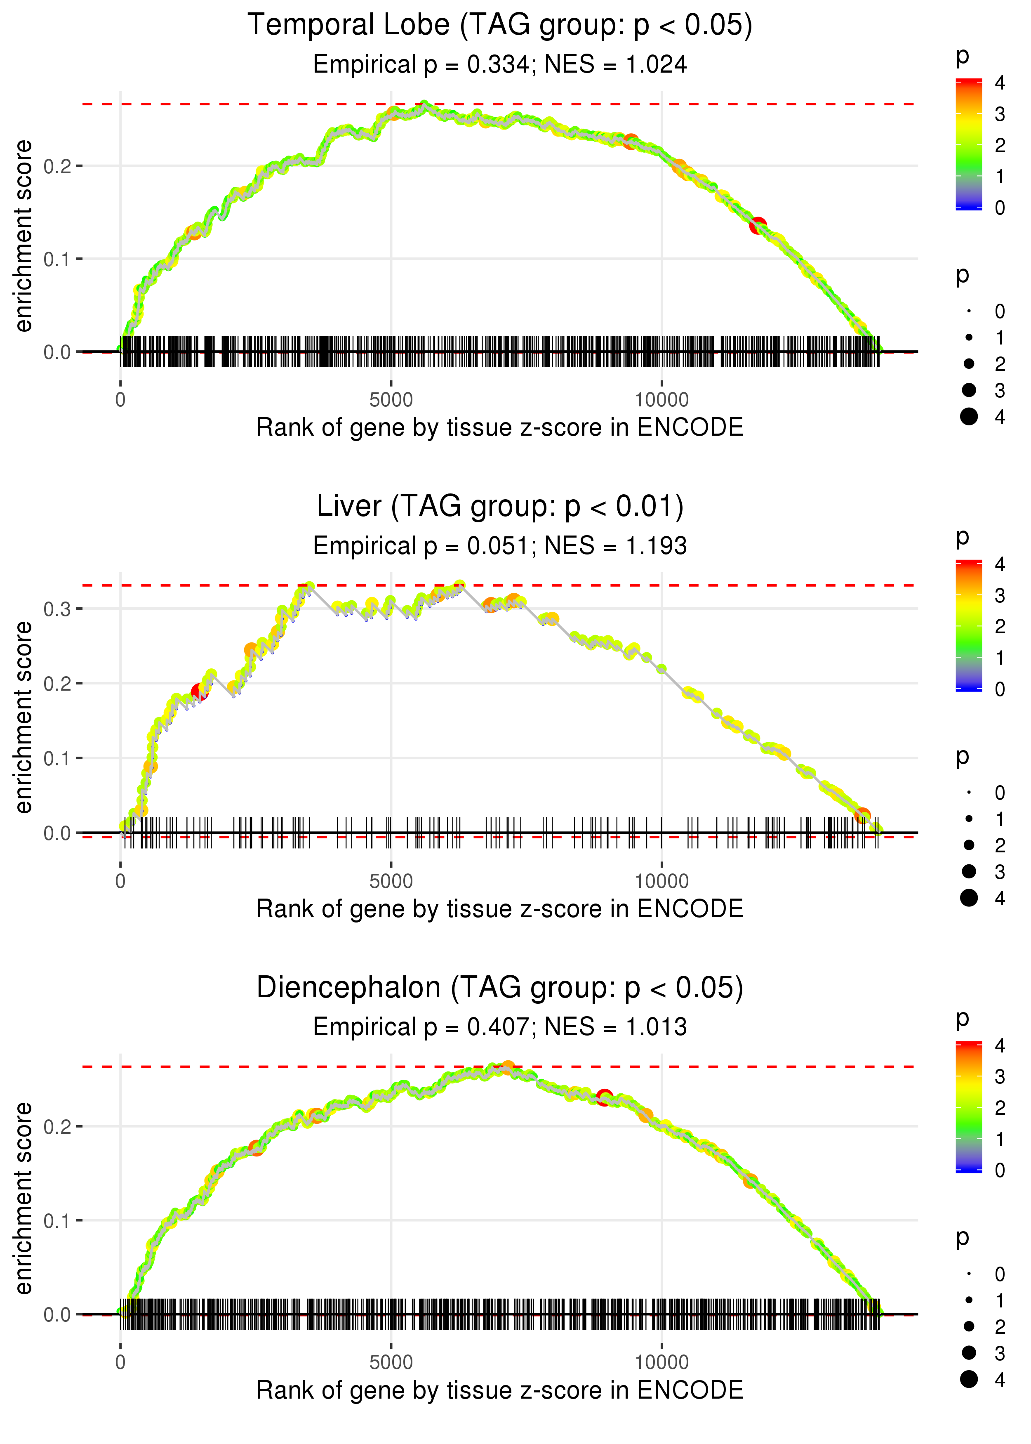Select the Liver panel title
point(500,507)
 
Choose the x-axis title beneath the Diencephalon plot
point(500,1390)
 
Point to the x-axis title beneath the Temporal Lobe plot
point(500,427)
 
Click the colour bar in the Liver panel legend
point(969,625)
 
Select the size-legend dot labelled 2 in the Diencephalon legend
point(969,1326)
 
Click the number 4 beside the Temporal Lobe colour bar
point(1000,83)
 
